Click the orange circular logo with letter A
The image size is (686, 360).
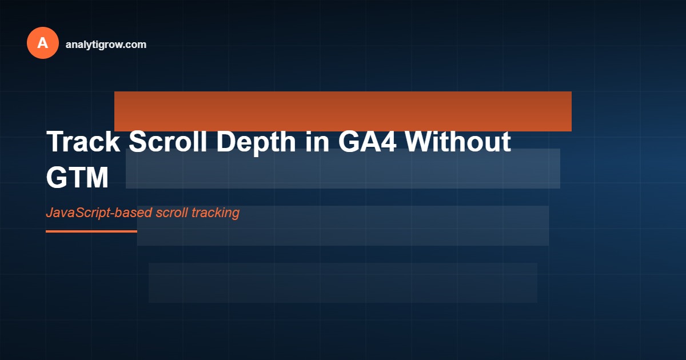pyautogui.click(x=43, y=43)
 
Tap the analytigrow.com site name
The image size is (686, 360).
pyautogui.click(x=106, y=44)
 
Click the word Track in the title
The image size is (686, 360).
pyautogui.click(x=83, y=142)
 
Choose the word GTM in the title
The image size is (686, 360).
pyautogui.click(x=77, y=178)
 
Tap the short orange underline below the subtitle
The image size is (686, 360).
pyautogui.click(x=91, y=231)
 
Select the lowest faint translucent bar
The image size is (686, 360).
pyautogui.click(x=343, y=283)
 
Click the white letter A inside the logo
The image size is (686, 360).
pyautogui.click(x=43, y=43)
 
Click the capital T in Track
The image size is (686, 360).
pyautogui.click(x=55, y=142)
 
